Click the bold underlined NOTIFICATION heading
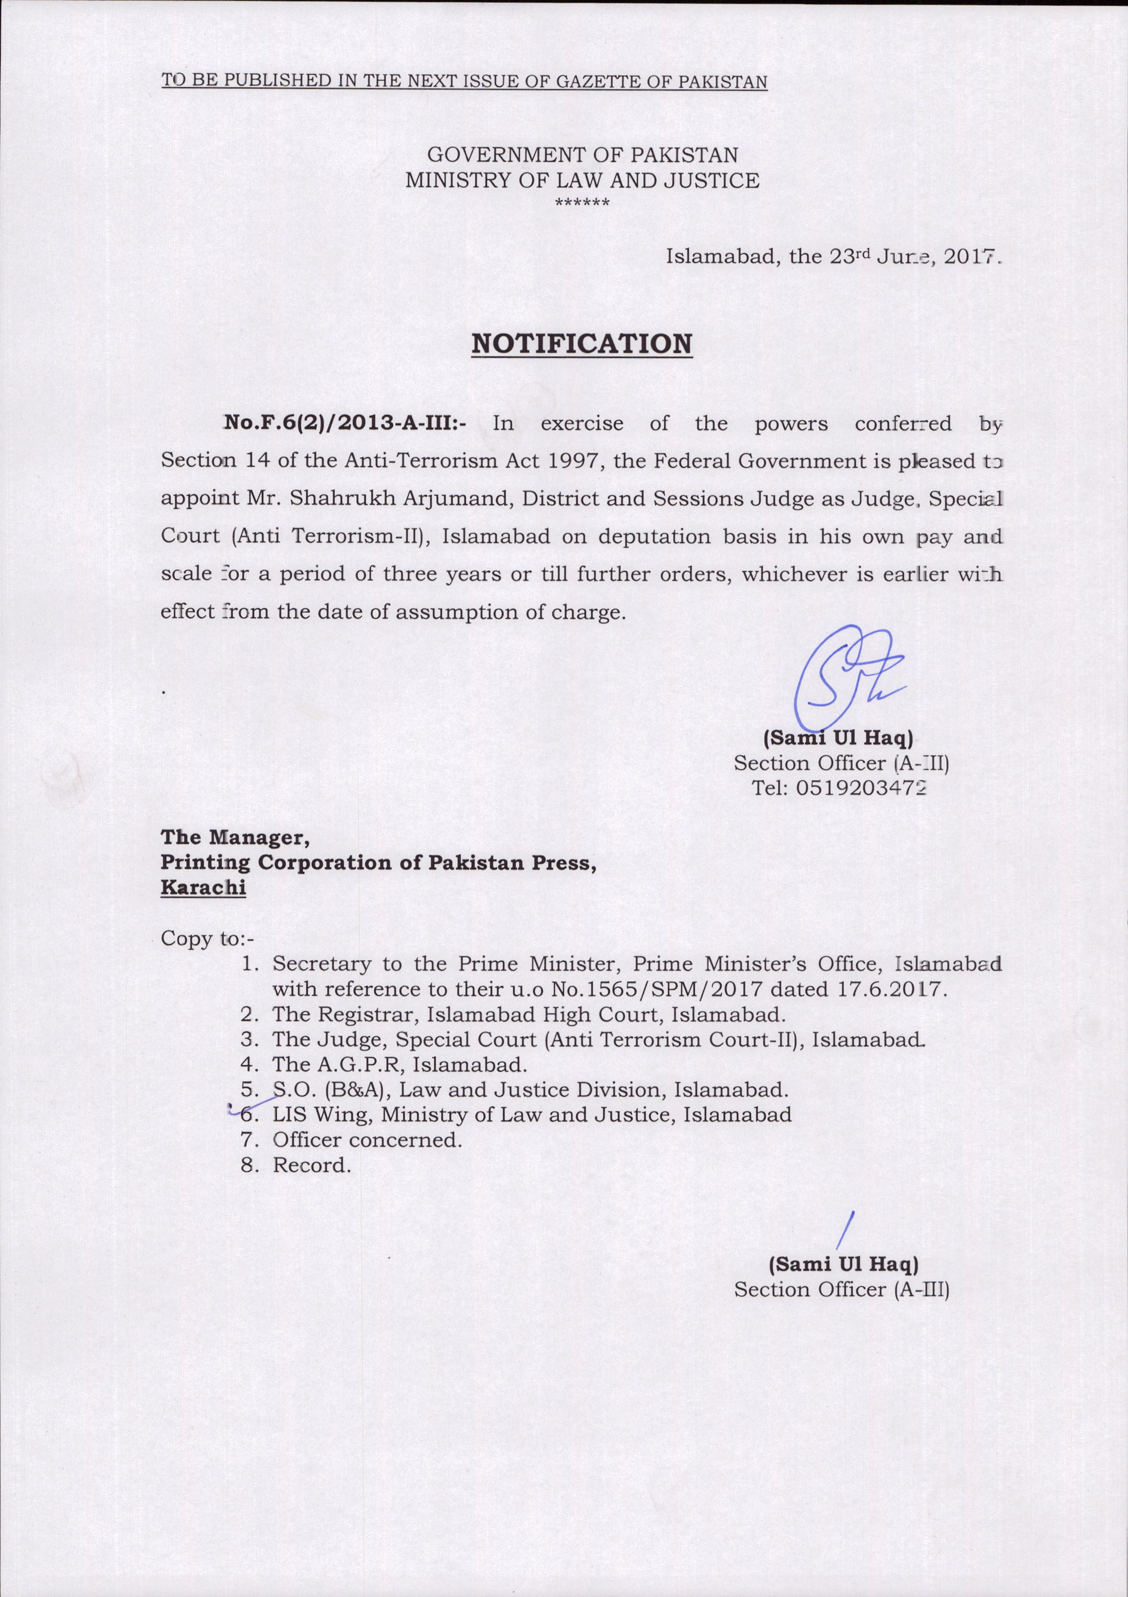point(582,344)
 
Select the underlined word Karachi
point(203,888)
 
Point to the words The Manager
point(235,837)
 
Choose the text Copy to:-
point(207,939)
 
